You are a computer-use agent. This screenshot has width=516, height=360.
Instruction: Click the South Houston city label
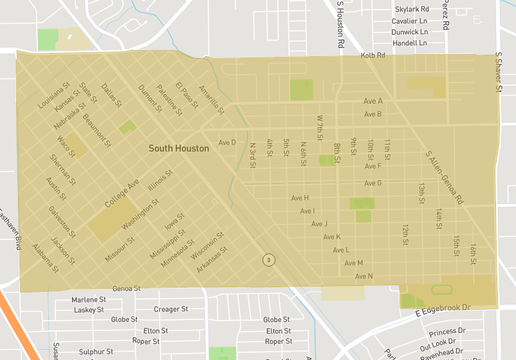[179, 148]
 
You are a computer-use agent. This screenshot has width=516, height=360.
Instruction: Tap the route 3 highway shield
[268, 259]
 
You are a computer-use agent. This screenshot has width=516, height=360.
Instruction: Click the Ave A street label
[373, 101]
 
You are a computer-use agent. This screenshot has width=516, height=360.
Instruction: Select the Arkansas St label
[213, 264]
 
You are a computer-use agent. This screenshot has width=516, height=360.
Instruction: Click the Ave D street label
[227, 142]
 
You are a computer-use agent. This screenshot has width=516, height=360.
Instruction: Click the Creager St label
[171, 310]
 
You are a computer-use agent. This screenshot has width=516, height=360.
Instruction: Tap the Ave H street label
[300, 198]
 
